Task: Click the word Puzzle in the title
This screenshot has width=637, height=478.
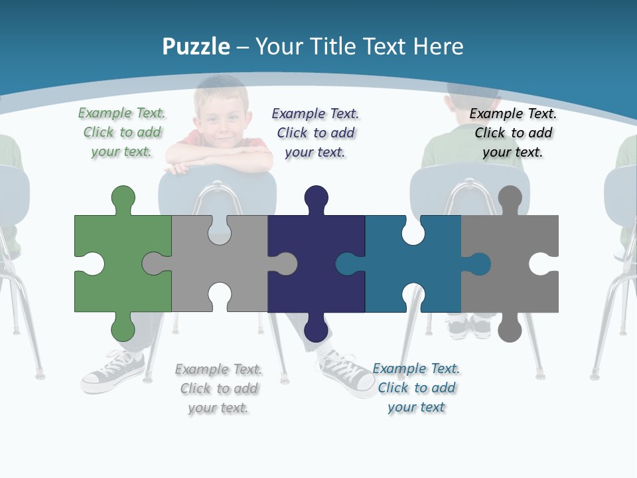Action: coord(196,46)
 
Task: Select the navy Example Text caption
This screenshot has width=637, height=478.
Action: coord(316,133)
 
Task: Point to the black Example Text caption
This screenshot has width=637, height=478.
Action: coord(514,133)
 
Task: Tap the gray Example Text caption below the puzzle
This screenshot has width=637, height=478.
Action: coord(219,388)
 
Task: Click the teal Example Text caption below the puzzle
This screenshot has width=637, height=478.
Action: coord(417,388)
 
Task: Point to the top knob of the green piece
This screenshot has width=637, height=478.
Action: coord(123,197)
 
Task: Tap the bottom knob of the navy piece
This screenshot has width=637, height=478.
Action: coord(316,329)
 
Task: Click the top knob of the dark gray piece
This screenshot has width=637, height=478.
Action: coord(510,197)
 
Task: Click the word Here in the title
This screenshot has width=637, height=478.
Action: coord(438,46)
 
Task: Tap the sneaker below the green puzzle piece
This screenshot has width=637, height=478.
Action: coord(113,372)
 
